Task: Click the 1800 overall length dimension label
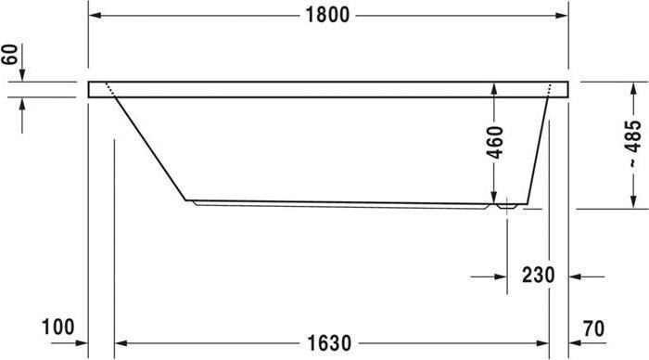(x=327, y=15)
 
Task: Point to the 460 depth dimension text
(x=495, y=143)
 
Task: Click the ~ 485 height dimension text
(x=633, y=144)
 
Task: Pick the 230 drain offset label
(x=537, y=276)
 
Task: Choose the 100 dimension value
(x=57, y=327)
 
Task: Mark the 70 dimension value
(x=594, y=327)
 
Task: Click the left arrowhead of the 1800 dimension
(x=95, y=15)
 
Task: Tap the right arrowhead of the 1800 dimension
(x=562, y=15)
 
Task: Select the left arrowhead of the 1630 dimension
(x=120, y=343)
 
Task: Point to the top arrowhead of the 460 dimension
(x=495, y=89)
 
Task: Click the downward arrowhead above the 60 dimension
(x=23, y=75)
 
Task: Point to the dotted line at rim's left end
(x=110, y=90)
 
